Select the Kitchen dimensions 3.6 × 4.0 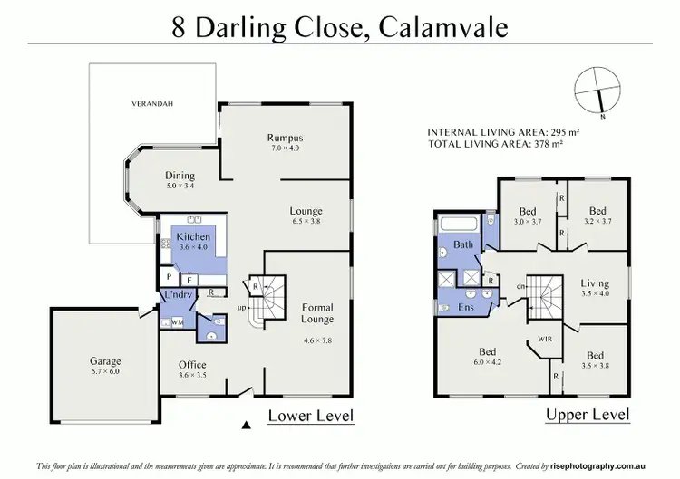tap(194, 246)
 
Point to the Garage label tap(105, 361)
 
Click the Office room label tap(192, 365)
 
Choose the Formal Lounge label tap(317, 313)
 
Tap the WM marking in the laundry tap(178, 321)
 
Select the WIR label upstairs tap(544, 340)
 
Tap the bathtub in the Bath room tap(461, 224)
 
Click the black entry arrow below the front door tap(246, 425)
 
